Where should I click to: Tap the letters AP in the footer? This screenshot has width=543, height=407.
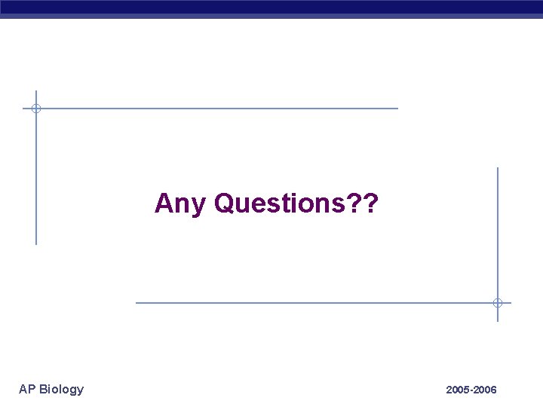pos(27,389)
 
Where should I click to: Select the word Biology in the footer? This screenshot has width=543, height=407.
pos(62,390)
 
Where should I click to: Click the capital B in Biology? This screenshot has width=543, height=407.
pos(44,389)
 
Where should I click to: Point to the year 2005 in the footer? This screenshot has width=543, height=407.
pos(458,390)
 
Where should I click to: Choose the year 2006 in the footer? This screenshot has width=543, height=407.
pos(485,390)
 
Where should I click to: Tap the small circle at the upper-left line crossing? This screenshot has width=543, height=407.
pos(35,109)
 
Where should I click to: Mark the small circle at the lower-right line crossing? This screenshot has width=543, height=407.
pos(498,303)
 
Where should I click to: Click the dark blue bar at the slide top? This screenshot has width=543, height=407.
pos(271,7)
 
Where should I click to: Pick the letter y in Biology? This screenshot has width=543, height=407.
pos(80,390)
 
